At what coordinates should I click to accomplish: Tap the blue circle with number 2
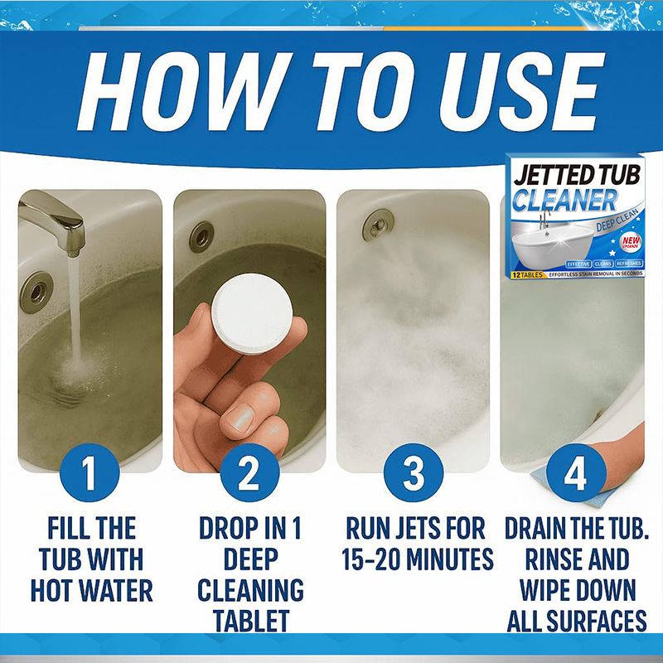click(x=249, y=476)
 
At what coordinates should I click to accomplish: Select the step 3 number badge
click(x=414, y=476)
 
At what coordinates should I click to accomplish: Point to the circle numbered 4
click(x=573, y=476)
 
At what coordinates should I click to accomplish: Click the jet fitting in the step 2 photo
click(x=201, y=237)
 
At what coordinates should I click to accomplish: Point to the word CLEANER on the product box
click(x=564, y=200)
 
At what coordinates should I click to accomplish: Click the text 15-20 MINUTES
click(x=417, y=559)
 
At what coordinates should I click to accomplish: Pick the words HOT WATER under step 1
click(x=91, y=590)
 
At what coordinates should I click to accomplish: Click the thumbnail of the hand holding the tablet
click(x=249, y=331)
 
